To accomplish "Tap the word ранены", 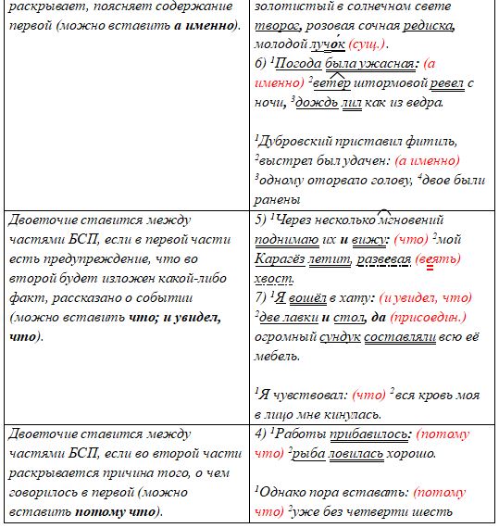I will pyautogui.click(x=278, y=198).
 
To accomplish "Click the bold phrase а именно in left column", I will pyautogui.click(x=203, y=24).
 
